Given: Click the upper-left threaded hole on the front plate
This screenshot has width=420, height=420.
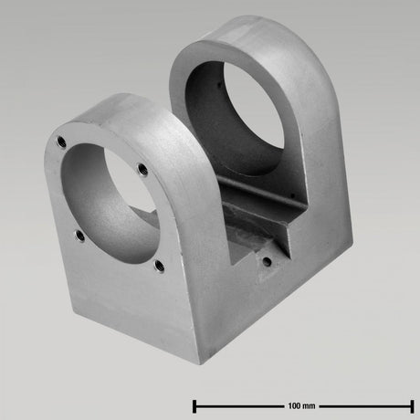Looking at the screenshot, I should point(60,142).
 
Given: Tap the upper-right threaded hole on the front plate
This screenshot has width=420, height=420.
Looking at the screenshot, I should point(142,168).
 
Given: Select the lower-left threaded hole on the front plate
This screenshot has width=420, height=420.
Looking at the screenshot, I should point(79,236).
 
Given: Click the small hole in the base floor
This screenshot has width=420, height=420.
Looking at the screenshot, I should point(266,259).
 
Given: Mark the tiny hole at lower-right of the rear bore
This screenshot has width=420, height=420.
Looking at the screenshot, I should point(290,195).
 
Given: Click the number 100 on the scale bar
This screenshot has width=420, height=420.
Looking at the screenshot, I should point(295,404).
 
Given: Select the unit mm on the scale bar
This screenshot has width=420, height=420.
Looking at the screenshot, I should point(311,404).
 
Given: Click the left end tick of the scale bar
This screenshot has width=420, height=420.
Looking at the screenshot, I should point(194,404).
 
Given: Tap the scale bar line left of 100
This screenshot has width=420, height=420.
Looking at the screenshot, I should point(237,404).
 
